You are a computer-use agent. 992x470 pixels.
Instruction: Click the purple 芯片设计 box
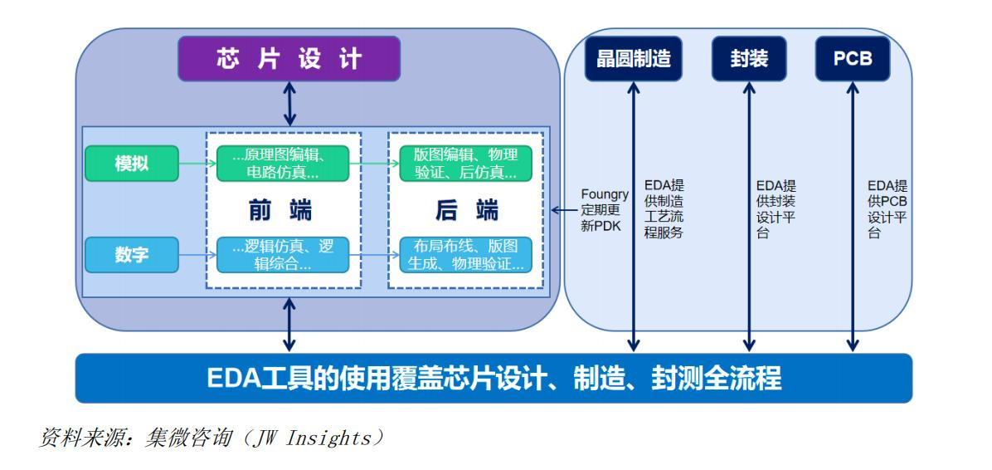click(x=289, y=59)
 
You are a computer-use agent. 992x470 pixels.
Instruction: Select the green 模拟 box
click(x=131, y=164)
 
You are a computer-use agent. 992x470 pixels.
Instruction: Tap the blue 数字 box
click(x=131, y=255)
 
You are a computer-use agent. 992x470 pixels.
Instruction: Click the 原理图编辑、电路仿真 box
click(x=283, y=164)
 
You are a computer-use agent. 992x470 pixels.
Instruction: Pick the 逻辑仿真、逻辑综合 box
click(x=283, y=255)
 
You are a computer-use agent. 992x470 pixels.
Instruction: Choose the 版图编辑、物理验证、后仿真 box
click(x=465, y=164)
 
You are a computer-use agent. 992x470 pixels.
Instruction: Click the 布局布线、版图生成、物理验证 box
click(x=465, y=255)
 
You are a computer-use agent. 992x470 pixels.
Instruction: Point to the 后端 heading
click(x=466, y=211)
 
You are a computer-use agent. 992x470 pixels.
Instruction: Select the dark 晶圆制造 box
click(x=634, y=59)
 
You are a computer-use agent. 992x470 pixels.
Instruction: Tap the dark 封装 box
click(x=749, y=59)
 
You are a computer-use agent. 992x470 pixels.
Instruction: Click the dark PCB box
click(x=852, y=59)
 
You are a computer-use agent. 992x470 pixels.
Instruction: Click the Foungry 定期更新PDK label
click(x=604, y=210)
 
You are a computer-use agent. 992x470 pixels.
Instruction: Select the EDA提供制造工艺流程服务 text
click(x=664, y=209)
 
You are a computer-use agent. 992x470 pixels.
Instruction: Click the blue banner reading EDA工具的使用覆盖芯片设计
click(x=494, y=378)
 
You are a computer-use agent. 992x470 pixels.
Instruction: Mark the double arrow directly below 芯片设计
click(x=289, y=104)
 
